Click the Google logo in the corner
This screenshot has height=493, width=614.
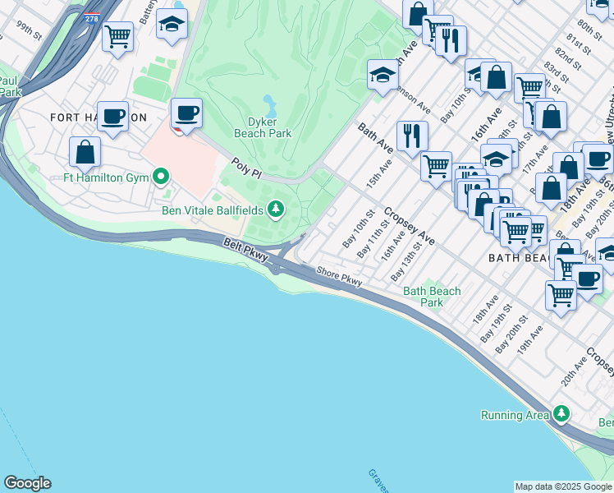(27, 483)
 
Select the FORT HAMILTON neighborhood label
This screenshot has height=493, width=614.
(98, 117)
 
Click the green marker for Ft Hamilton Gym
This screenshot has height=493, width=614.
(161, 175)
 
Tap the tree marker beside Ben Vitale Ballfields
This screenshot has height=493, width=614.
(277, 211)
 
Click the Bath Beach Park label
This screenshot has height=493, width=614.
(432, 297)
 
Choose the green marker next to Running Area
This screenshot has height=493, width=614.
(561, 413)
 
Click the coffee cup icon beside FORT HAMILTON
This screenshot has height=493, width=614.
(112, 116)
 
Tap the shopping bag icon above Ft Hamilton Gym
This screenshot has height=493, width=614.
(85, 152)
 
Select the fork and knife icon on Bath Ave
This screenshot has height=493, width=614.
(411, 135)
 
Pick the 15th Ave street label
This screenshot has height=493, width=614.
(379, 173)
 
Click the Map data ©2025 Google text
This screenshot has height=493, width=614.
(563, 486)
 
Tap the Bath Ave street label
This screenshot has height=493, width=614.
(373, 141)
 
